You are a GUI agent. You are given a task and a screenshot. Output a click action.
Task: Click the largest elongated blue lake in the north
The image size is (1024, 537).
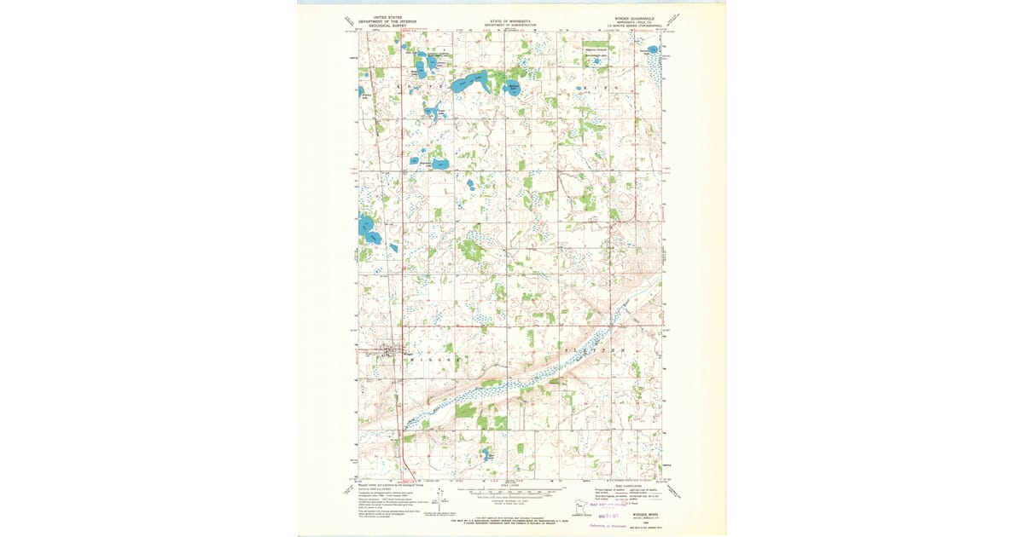tap(472, 83)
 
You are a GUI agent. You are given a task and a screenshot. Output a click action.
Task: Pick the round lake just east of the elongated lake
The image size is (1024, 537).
tap(514, 87)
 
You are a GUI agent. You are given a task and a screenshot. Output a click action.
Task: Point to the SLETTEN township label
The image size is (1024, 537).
tap(596, 350)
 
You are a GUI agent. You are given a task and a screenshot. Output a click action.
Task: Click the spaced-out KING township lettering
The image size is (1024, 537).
tap(604, 87)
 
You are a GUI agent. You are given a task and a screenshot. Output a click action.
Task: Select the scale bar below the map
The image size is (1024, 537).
tap(512, 492)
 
